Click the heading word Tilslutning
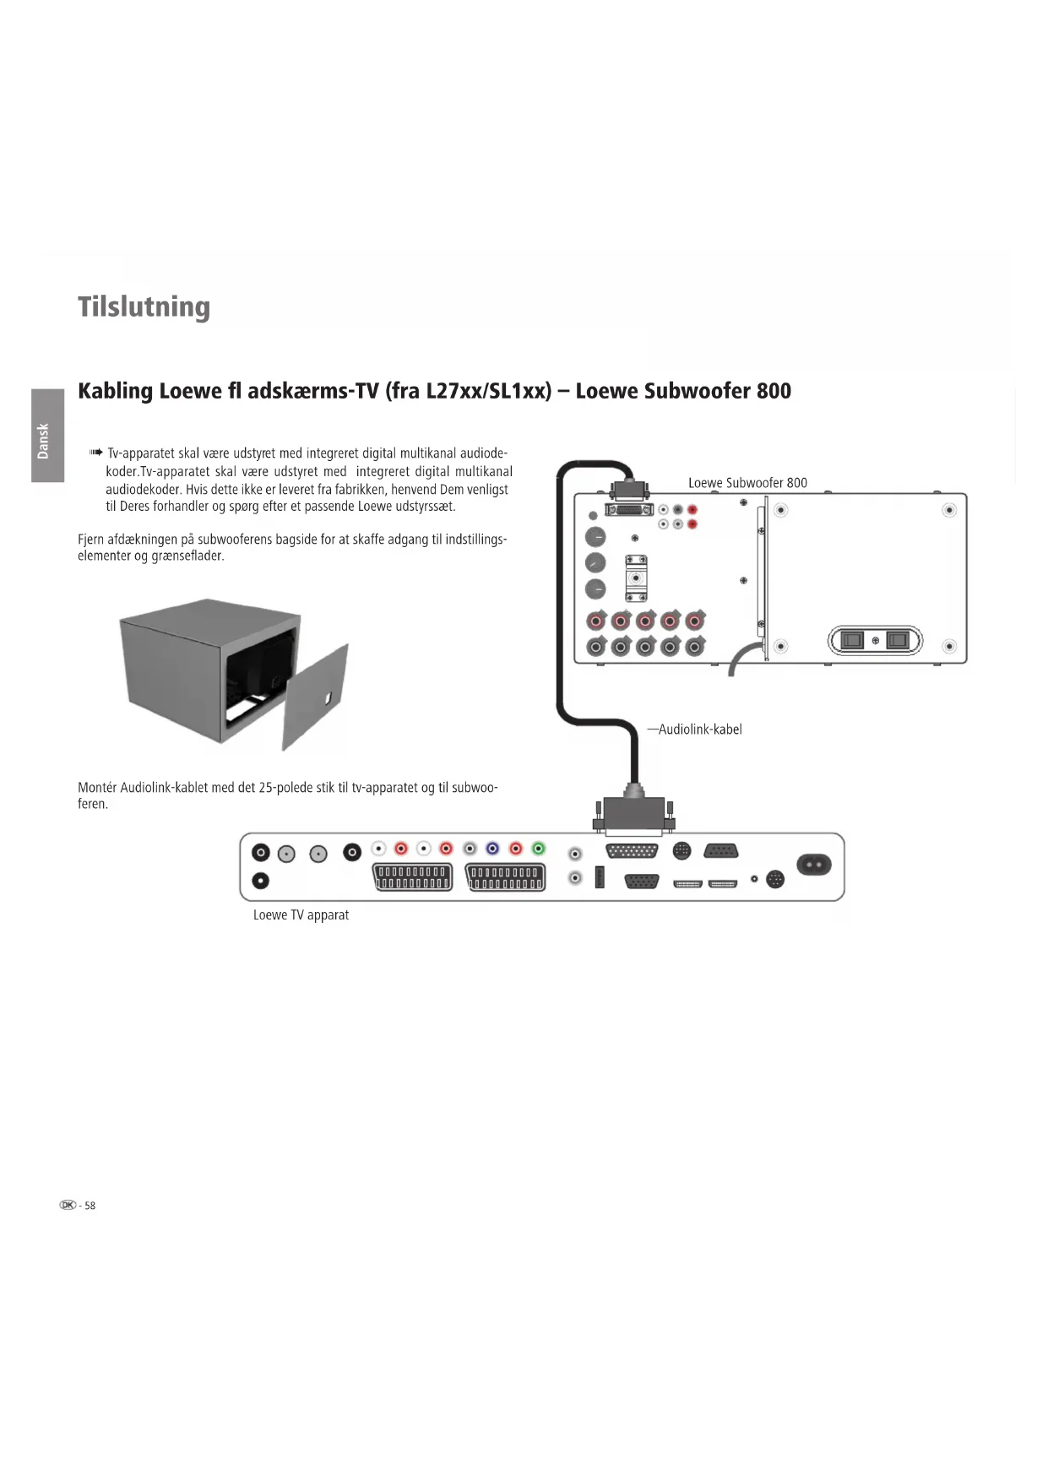[144, 307]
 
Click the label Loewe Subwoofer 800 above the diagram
[747, 483]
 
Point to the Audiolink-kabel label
[699, 730]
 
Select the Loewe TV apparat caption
[301, 915]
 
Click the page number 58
[90, 1206]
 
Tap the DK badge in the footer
[68, 1205]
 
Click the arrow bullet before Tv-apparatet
[95, 453]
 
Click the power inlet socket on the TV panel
[814, 865]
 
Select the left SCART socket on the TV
[412, 877]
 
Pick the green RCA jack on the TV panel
[539, 849]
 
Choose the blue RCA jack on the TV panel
[492, 849]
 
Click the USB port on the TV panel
[600, 877]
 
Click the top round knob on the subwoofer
[595, 537]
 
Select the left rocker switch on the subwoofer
[853, 640]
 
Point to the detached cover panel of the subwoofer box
[315, 697]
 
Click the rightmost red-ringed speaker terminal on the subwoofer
[695, 621]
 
